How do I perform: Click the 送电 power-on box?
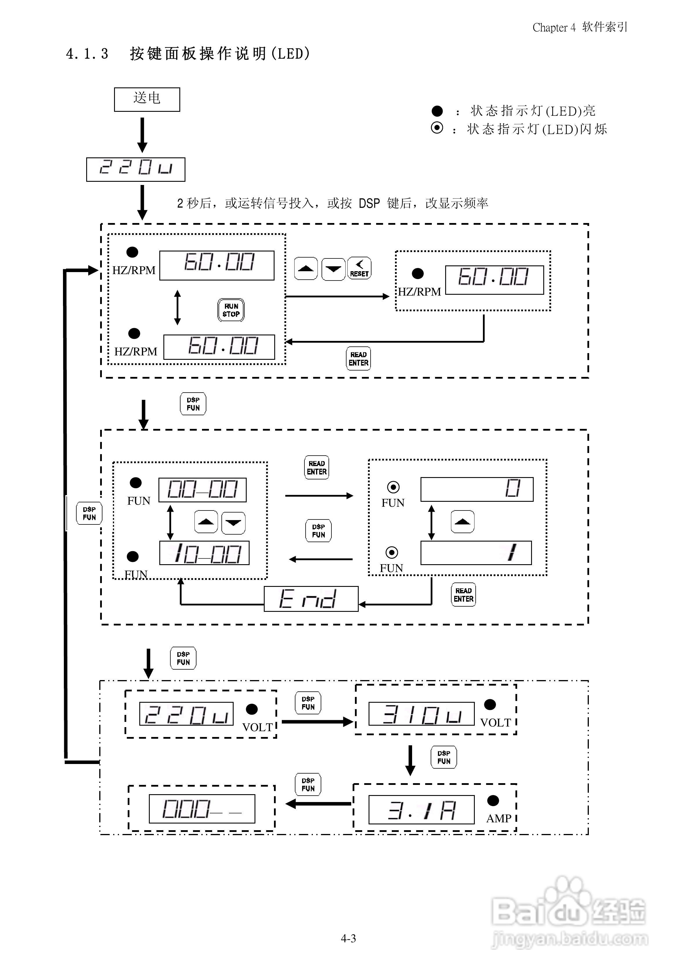(147, 99)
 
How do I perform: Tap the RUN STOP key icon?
(231, 310)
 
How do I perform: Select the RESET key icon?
(359, 268)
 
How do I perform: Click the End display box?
(311, 598)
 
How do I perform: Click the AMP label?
(499, 818)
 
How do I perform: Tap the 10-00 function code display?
(204, 553)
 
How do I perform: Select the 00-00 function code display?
(203, 489)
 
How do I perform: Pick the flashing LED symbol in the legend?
(437, 128)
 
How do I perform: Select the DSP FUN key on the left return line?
(89, 513)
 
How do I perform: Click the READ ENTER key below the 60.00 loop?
(358, 359)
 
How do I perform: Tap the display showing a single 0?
(477, 489)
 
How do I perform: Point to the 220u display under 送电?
(136, 169)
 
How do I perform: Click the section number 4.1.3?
(87, 54)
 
